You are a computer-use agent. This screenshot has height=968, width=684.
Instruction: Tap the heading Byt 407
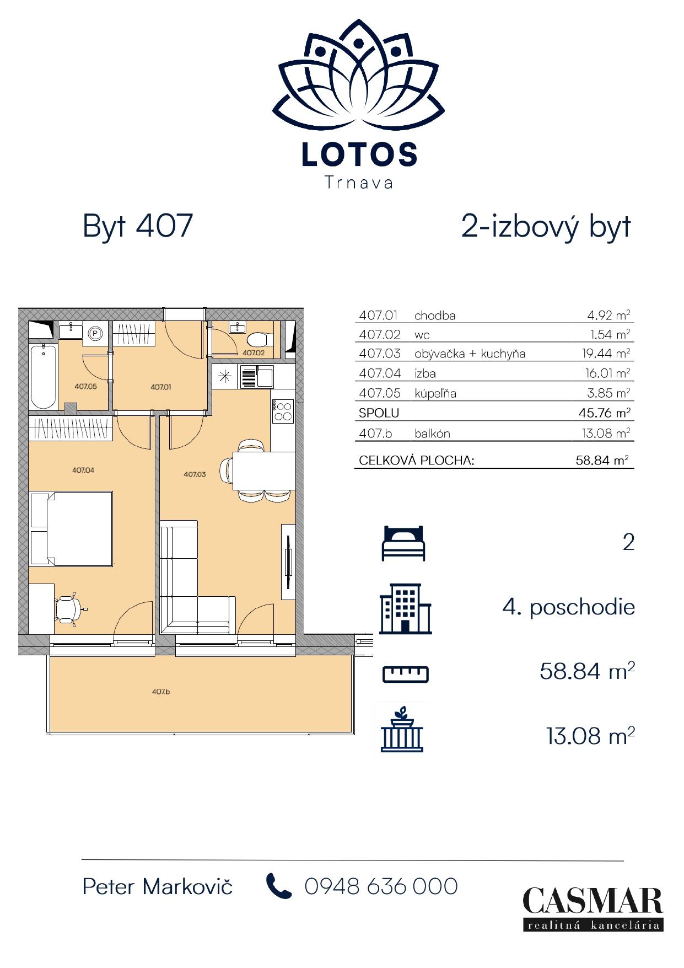[138, 226]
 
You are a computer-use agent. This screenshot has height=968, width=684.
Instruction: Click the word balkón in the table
[432, 434]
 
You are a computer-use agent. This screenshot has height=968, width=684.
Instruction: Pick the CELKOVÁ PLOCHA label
[416, 460]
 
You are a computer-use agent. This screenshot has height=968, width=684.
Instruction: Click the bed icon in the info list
[404, 543]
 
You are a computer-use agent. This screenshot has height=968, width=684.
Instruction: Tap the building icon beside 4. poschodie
[405, 608]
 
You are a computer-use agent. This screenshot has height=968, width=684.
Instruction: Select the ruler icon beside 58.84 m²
[406, 674]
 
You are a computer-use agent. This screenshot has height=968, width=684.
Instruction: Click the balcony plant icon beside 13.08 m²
[403, 729]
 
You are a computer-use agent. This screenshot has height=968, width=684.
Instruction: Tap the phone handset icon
[279, 886]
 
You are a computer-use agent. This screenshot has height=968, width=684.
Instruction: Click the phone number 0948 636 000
[381, 886]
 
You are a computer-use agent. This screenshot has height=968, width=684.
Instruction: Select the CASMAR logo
[593, 908]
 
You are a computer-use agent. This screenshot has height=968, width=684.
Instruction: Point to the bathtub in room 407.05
[43, 377]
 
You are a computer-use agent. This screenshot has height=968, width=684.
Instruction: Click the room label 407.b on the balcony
[161, 691]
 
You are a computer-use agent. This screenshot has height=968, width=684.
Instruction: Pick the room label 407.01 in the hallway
[161, 387]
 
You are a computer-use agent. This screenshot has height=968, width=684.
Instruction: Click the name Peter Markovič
[158, 886]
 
